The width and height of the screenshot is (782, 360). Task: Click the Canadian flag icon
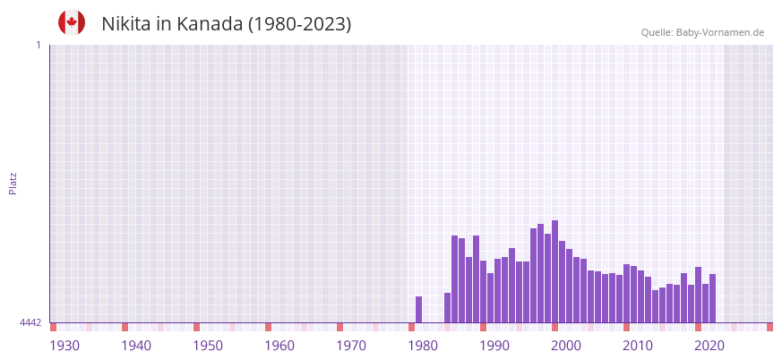pos(72,22)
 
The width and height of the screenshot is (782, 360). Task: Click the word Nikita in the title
pos(126,24)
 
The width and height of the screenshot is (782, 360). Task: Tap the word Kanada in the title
pos(207,24)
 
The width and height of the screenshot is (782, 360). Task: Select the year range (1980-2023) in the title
pos(299,24)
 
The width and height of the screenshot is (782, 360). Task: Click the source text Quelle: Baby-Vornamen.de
pos(702,32)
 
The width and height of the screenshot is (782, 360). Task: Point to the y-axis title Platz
pos(13,184)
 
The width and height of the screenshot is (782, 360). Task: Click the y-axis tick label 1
pos(38,45)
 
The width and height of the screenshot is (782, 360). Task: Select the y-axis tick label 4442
pos(30,322)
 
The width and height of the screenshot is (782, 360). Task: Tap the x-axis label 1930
pos(64,346)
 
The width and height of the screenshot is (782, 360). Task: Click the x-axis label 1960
pos(279,346)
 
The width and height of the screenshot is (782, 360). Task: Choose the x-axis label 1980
pos(423,346)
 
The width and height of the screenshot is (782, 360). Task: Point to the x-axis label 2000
pos(566,346)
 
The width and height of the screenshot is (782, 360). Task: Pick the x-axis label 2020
pos(709,346)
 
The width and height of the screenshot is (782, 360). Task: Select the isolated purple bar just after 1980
pos(418,309)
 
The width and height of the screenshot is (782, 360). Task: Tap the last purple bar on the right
pos(712,298)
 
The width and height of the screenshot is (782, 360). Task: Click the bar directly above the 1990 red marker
pos(483,291)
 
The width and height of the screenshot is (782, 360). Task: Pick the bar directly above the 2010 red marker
pos(626,293)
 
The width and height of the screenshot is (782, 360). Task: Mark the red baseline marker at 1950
pos(196,327)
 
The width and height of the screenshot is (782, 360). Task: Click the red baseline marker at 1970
pos(339,327)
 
